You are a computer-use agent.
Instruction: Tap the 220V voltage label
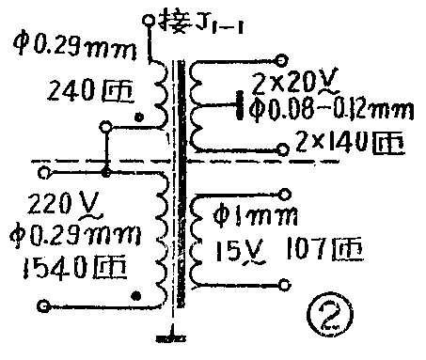pos(61,202)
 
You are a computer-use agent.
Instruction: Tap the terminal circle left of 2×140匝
pos(283,146)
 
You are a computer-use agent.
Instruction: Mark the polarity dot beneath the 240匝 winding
pos(138,118)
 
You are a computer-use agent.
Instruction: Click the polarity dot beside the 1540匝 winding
pos(138,297)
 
